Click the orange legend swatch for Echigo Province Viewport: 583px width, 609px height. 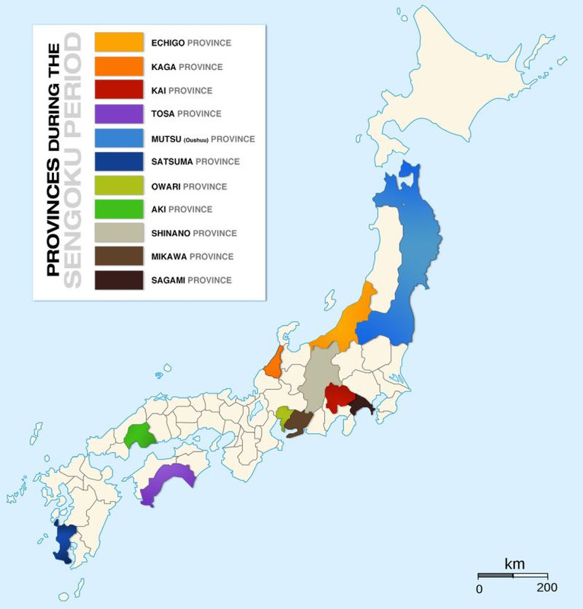point(119,43)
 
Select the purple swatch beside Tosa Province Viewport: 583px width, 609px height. point(119,113)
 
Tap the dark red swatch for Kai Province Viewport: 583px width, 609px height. point(119,90)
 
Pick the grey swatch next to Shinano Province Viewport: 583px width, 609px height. point(119,233)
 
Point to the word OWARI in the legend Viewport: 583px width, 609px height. point(166,186)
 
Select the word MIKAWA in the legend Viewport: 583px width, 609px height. point(169,257)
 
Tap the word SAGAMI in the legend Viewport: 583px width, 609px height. point(168,280)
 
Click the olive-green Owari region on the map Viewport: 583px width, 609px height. point(284,416)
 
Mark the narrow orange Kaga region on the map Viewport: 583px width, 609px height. point(273,362)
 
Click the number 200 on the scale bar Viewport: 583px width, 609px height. point(546,588)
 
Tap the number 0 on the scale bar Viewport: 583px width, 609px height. point(479,588)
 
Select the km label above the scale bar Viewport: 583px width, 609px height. point(515,564)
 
